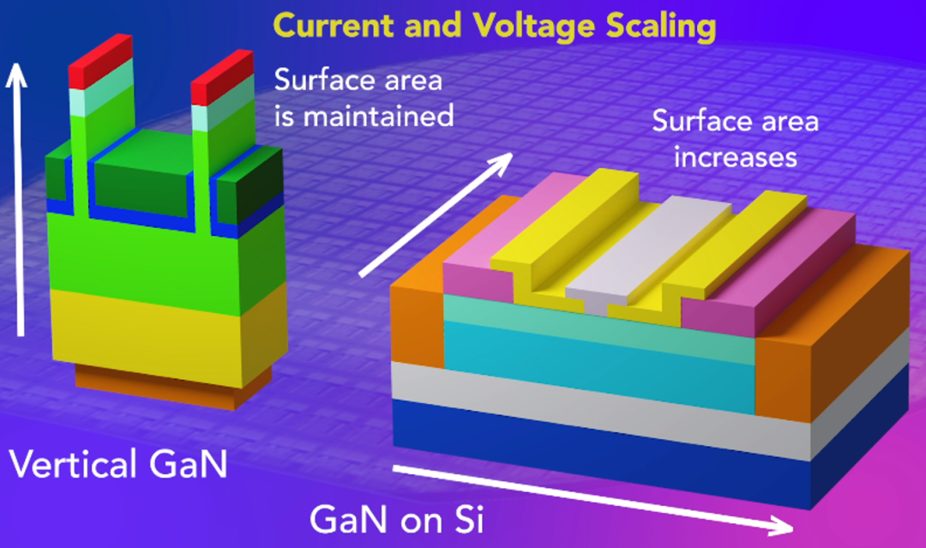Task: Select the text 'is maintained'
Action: click(364, 115)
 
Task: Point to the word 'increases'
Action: click(736, 158)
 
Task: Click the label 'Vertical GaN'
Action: click(118, 464)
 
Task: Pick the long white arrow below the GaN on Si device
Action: click(592, 498)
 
